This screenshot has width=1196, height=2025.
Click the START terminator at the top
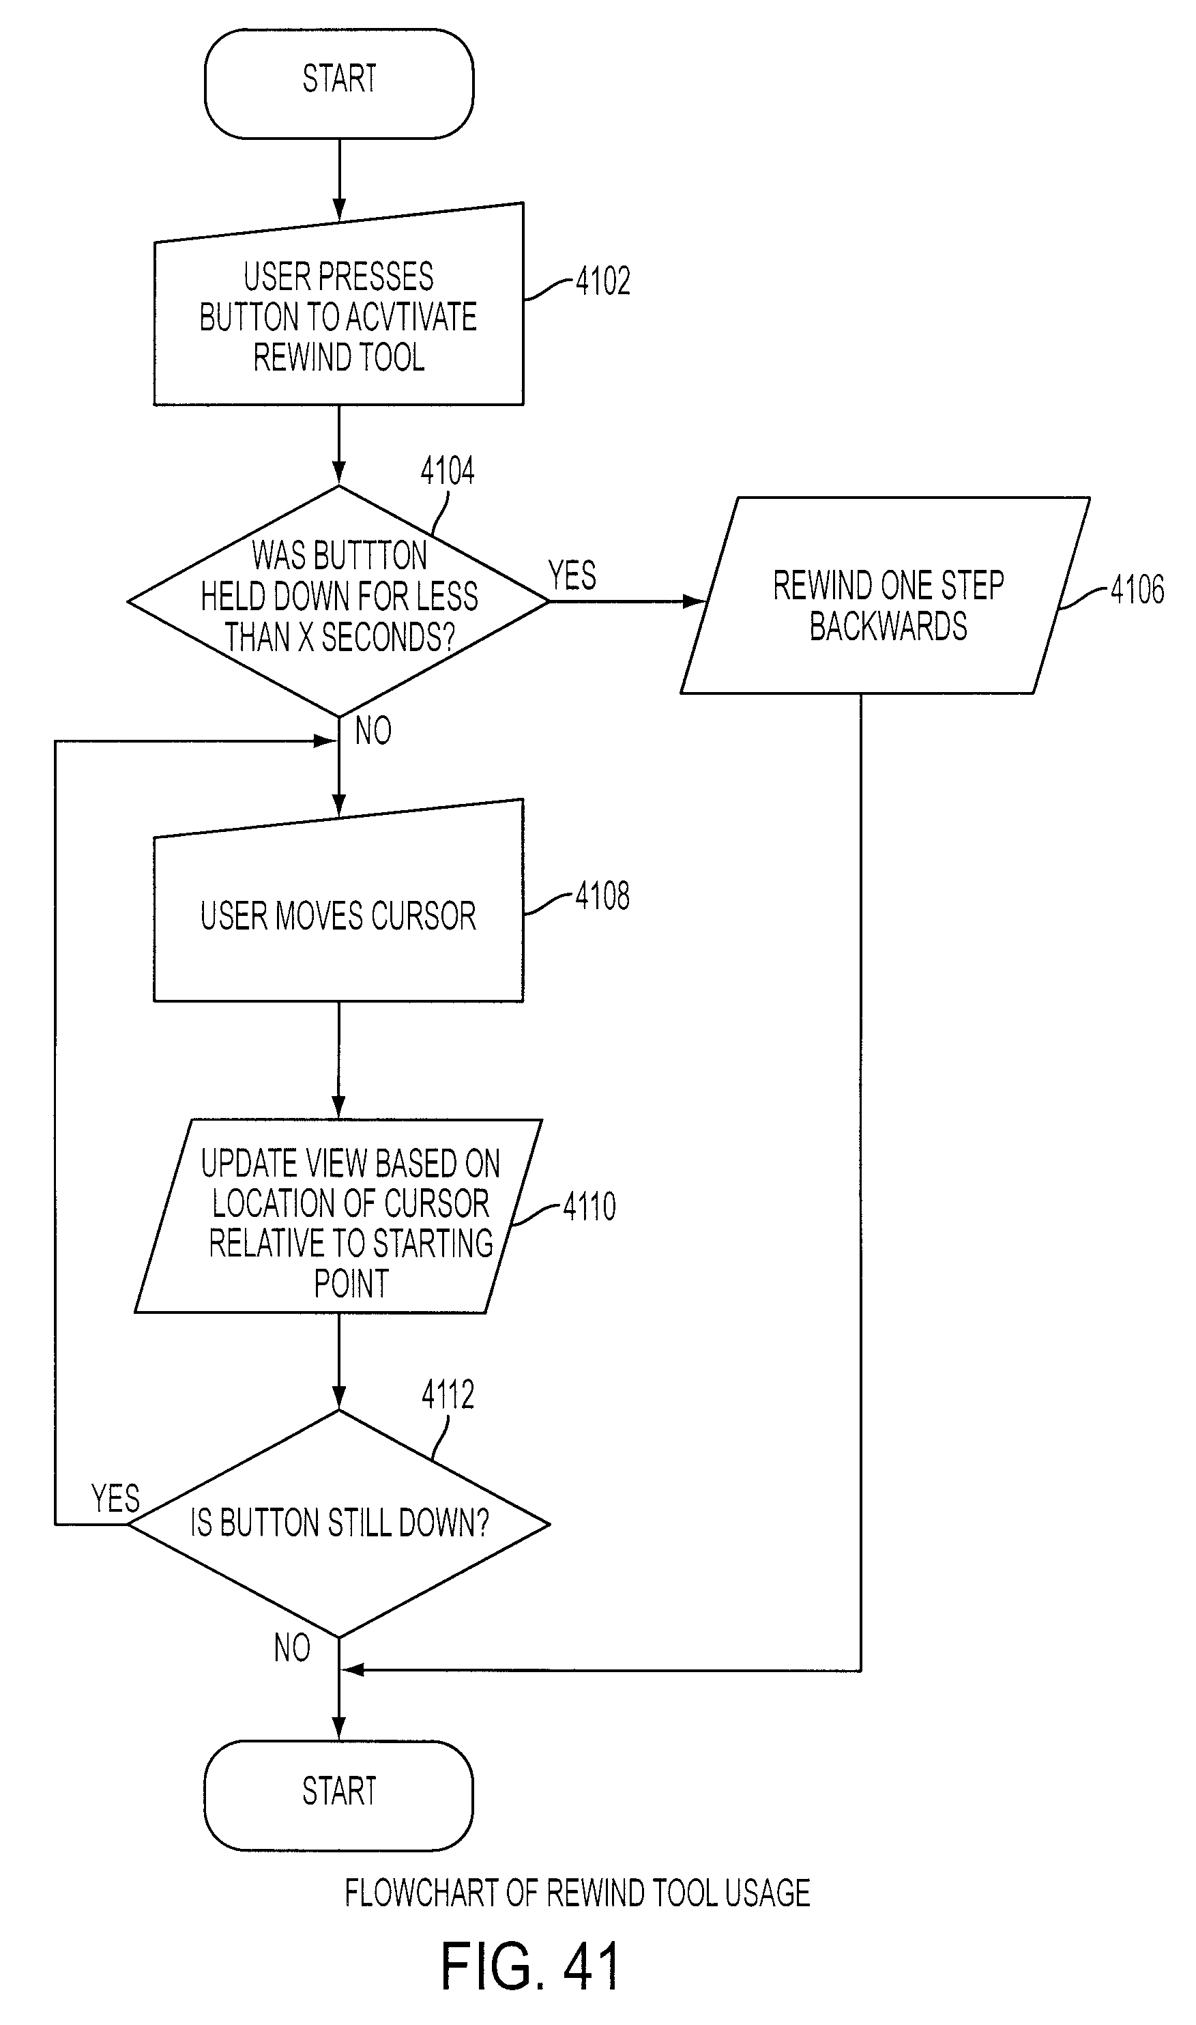(x=339, y=84)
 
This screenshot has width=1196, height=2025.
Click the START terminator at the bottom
(x=338, y=1794)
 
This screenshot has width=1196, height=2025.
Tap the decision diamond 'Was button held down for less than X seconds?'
(x=338, y=601)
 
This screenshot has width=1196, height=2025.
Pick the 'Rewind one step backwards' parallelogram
(x=886, y=595)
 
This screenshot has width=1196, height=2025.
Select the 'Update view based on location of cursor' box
(x=338, y=1216)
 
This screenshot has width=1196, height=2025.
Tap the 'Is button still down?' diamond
(x=338, y=1523)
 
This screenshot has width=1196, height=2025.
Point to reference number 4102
(x=603, y=281)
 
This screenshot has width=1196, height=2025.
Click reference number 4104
(x=448, y=470)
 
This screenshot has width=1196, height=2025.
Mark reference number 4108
(x=603, y=895)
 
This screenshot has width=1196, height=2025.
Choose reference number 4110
(x=589, y=1206)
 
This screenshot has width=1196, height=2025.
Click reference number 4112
(x=448, y=1394)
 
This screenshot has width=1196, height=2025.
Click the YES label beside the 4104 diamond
(x=572, y=575)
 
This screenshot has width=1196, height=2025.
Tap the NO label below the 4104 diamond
(x=373, y=731)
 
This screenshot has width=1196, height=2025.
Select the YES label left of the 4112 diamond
(x=115, y=1499)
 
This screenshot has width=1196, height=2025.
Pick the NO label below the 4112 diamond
(x=292, y=1648)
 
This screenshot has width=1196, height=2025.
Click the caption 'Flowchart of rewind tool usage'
(x=577, y=1893)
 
